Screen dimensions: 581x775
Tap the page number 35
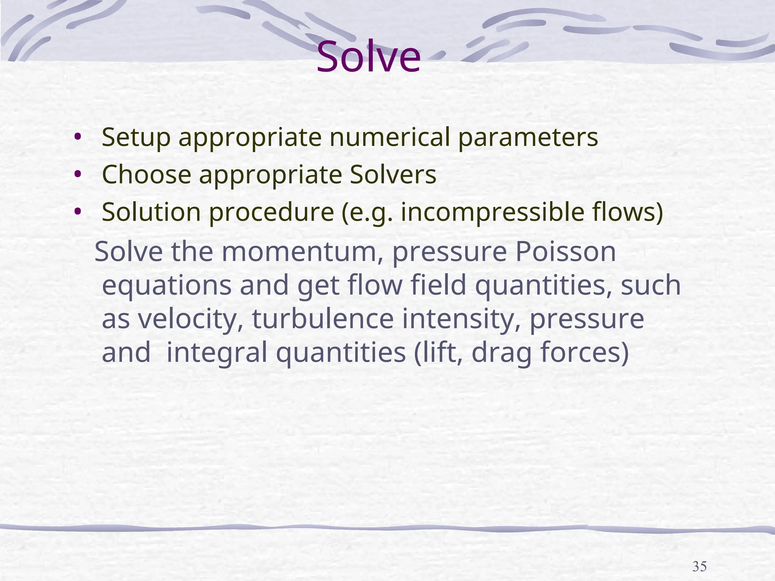coord(699,567)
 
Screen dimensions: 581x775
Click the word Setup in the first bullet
coord(136,137)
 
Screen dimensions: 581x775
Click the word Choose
coord(146,174)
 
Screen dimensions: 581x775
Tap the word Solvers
coord(393,174)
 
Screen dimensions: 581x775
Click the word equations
coord(167,286)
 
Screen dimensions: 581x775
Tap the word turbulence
coord(323,319)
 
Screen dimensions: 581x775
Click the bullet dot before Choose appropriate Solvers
coord(78,174)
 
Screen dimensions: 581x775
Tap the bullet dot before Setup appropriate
coord(78,137)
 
